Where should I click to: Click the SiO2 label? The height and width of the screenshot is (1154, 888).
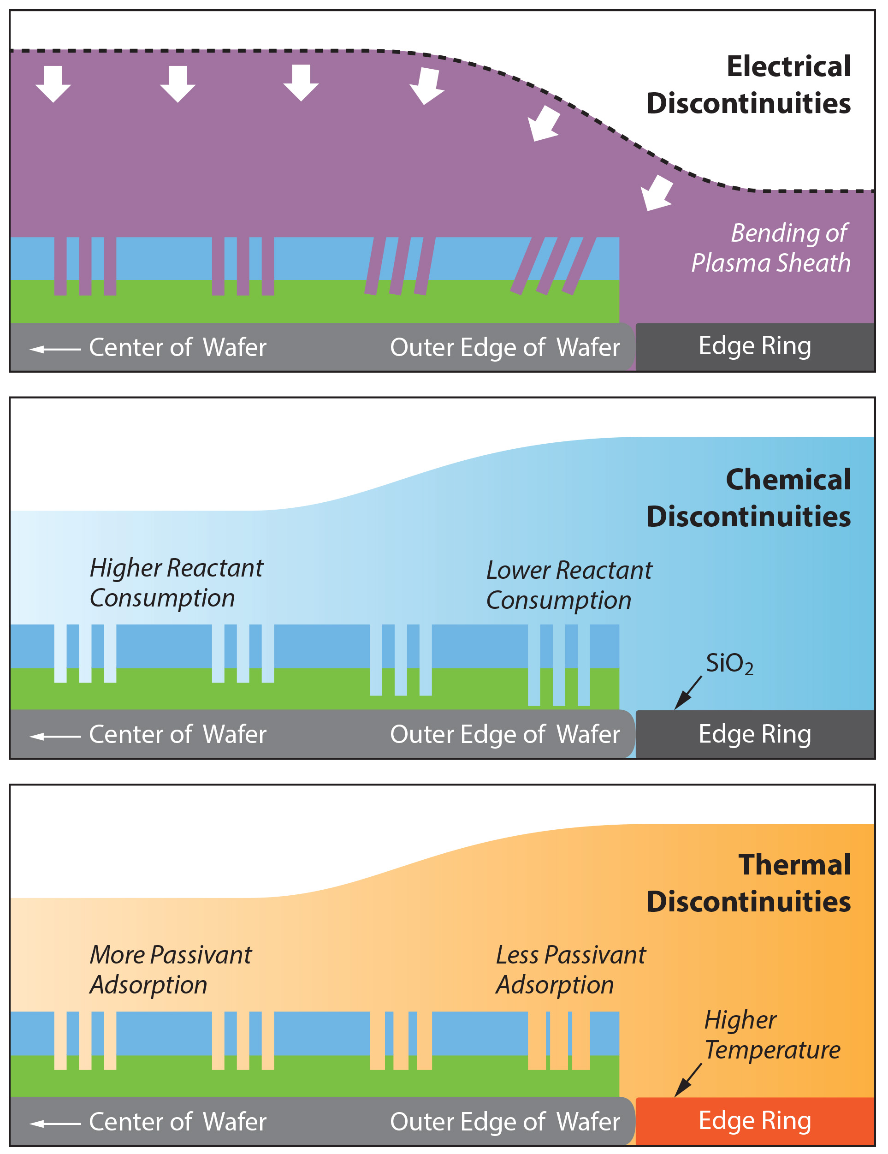729,664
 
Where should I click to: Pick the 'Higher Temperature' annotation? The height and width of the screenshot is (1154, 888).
771,1035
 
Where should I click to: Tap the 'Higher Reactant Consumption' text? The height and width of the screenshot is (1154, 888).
176,583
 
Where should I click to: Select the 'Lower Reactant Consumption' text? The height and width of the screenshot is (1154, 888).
568,585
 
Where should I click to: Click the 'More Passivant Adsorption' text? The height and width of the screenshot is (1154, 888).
170,970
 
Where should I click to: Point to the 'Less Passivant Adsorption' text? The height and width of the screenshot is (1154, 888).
570,970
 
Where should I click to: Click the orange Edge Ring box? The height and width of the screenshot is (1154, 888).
754,1120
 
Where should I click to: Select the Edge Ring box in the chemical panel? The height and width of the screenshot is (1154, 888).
754,734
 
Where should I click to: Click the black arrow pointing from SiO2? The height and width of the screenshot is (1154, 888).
687,693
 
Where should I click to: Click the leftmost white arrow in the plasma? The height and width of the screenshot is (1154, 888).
53,83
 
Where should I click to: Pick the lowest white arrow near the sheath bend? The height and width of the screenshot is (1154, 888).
656,193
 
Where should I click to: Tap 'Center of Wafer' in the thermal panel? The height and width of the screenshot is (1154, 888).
178,1121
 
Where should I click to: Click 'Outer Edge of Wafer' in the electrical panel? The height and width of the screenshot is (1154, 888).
504,347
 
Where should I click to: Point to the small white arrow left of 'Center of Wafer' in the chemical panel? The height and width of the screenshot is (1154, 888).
55,736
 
